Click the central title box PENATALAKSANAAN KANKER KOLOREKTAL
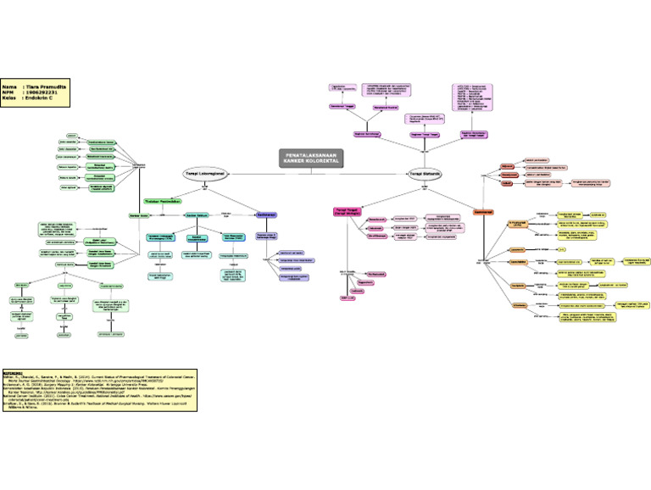pyautogui.click(x=313, y=159)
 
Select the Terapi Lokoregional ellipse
pyautogui.click(x=204, y=174)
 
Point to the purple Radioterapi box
pyautogui.click(x=266, y=215)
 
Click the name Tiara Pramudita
pyautogui.click(x=47, y=87)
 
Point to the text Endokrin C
pyautogui.click(x=43, y=101)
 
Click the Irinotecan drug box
pyautogui.click(x=516, y=304)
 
